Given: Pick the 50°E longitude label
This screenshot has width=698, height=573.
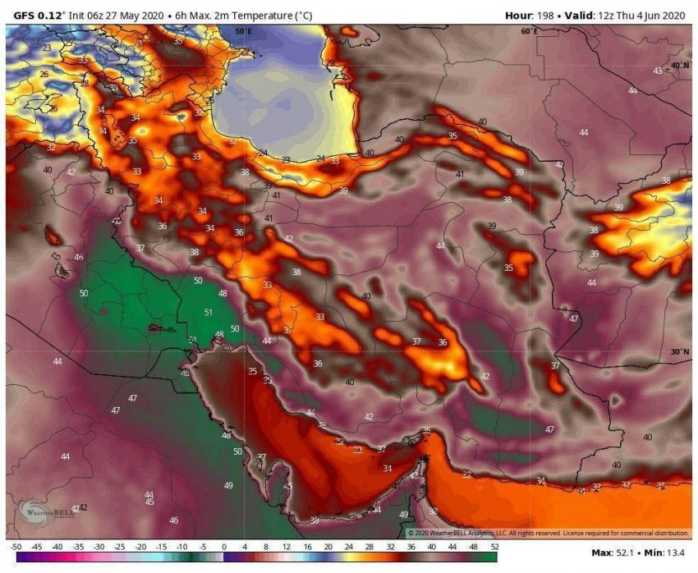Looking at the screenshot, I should click(x=243, y=31).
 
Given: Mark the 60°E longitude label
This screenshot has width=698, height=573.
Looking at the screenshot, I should click(x=530, y=31).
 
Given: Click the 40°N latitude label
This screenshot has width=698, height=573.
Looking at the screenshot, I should click(x=679, y=65).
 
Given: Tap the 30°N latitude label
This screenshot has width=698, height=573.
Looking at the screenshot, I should click(x=679, y=351).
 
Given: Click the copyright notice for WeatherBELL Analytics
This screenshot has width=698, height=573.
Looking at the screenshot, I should click(x=548, y=533).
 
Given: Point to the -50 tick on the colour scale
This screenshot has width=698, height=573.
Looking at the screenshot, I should click(x=16, y=546).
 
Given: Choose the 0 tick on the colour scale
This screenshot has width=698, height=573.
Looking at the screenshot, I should click(x=223, y=546).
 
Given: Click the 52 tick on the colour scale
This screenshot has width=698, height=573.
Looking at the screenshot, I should click(x=494, y=546).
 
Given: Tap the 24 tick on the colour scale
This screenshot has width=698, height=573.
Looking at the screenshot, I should click(x=348, y=546).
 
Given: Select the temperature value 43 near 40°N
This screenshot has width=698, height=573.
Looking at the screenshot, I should click(x=657, y=71).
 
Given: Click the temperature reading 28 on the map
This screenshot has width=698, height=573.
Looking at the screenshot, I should click(x=84, y=84).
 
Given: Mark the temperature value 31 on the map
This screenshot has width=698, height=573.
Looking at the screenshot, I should click(x=287, y=330).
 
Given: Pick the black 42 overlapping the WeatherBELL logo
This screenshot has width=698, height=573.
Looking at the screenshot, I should click(x=82, y=508).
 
